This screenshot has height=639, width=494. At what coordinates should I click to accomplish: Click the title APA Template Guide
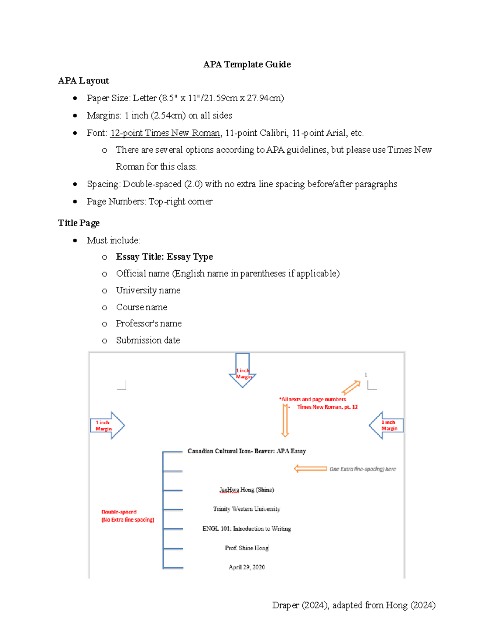[247, 65]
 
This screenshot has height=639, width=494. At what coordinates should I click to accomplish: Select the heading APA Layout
[84, 81]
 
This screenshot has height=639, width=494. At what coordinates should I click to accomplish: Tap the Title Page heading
[79, 223]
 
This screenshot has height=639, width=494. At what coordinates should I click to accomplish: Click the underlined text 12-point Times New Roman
[165, 133]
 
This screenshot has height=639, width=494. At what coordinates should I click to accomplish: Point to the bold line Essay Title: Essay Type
[164, 257]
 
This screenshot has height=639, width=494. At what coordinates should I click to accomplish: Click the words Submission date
[148, 340]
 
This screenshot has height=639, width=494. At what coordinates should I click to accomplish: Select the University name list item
[148, 290]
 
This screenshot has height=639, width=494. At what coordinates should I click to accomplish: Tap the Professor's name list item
[149, 324]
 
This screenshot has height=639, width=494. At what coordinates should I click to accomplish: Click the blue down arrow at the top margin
[242, 370]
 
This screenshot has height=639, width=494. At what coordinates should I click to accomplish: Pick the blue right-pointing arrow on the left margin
[107, 425]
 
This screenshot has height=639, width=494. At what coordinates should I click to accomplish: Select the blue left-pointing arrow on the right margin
[386, 425]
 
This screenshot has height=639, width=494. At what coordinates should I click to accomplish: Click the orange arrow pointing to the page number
[351, 387]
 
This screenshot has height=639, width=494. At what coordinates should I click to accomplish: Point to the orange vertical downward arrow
[285, 420]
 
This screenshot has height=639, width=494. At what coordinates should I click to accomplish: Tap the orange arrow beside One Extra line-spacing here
[310, 469]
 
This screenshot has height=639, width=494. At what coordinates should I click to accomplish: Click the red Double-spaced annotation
[128, 516]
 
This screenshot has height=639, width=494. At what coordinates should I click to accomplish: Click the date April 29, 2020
[247, 567]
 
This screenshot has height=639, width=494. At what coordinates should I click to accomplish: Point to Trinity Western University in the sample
[247, 509]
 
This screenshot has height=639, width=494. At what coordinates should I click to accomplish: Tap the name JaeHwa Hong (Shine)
[247, 490]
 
